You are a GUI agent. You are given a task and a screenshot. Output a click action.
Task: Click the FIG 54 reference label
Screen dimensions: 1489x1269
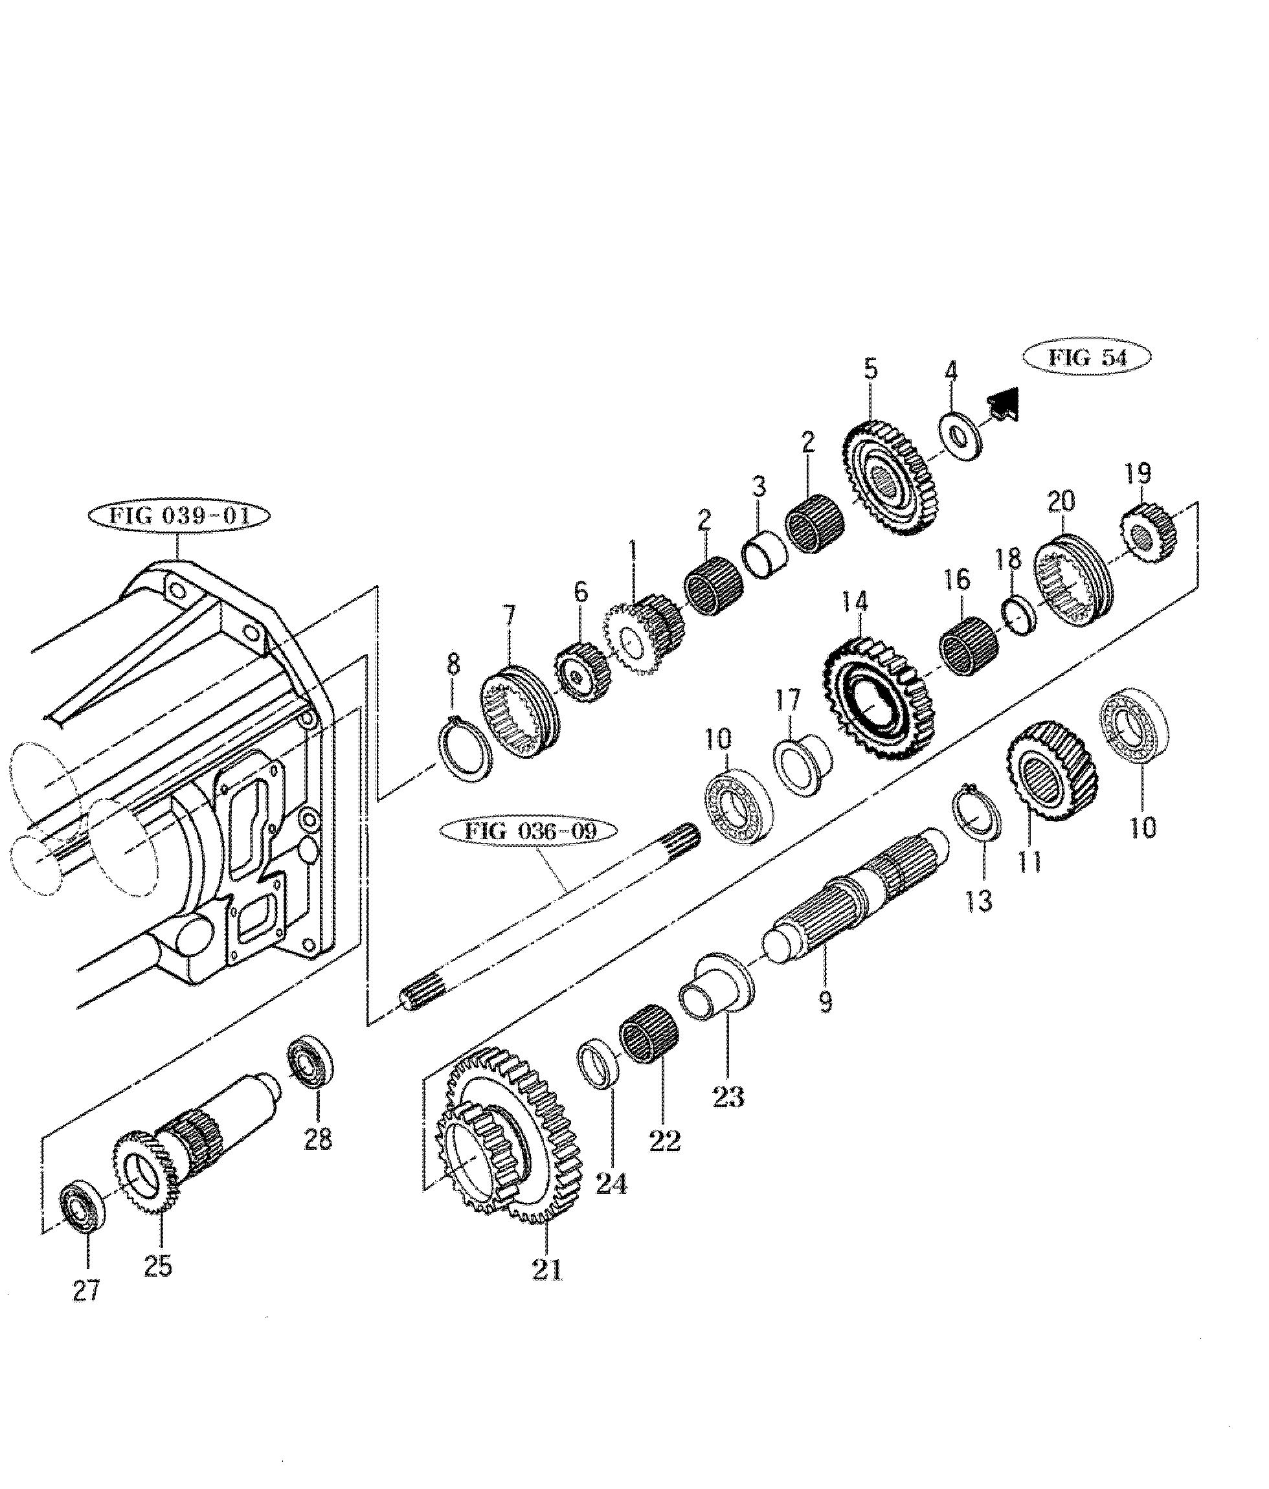tap(1087, 358)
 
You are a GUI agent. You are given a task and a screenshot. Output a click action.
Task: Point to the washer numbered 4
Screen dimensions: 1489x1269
tap(960, 436)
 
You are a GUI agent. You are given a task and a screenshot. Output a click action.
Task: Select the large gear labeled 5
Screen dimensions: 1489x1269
tap(890, 476)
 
